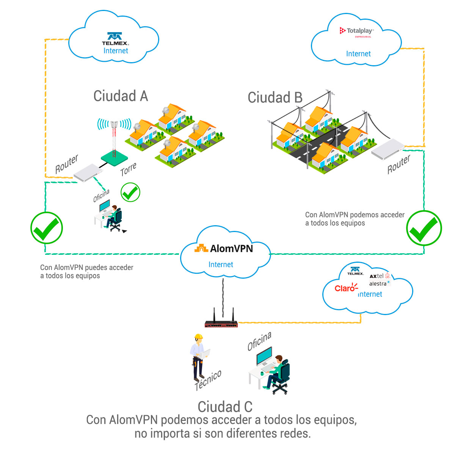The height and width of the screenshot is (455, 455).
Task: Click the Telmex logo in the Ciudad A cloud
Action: pos(115,39)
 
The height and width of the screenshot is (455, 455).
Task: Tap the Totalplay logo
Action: pos(356,31)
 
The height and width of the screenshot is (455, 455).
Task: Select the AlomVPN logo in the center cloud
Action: pos(224,249)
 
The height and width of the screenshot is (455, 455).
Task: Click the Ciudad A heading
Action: pos(121,96)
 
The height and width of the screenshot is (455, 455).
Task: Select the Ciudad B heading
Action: pos(275,97)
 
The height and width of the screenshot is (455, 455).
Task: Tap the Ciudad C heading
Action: pos(225,407)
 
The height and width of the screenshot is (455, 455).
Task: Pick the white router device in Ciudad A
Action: pos(88,173)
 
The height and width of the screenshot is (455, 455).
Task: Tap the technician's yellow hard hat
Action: pos(198,337)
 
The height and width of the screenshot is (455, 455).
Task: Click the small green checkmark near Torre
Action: pos(130,193)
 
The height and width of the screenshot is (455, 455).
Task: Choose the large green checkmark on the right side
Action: pos(424,228)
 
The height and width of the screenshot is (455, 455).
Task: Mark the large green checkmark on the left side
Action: pos(47,228)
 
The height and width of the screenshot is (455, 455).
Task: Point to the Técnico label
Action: pos(208,380)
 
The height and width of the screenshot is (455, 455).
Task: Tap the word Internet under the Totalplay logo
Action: pos(358,54)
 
